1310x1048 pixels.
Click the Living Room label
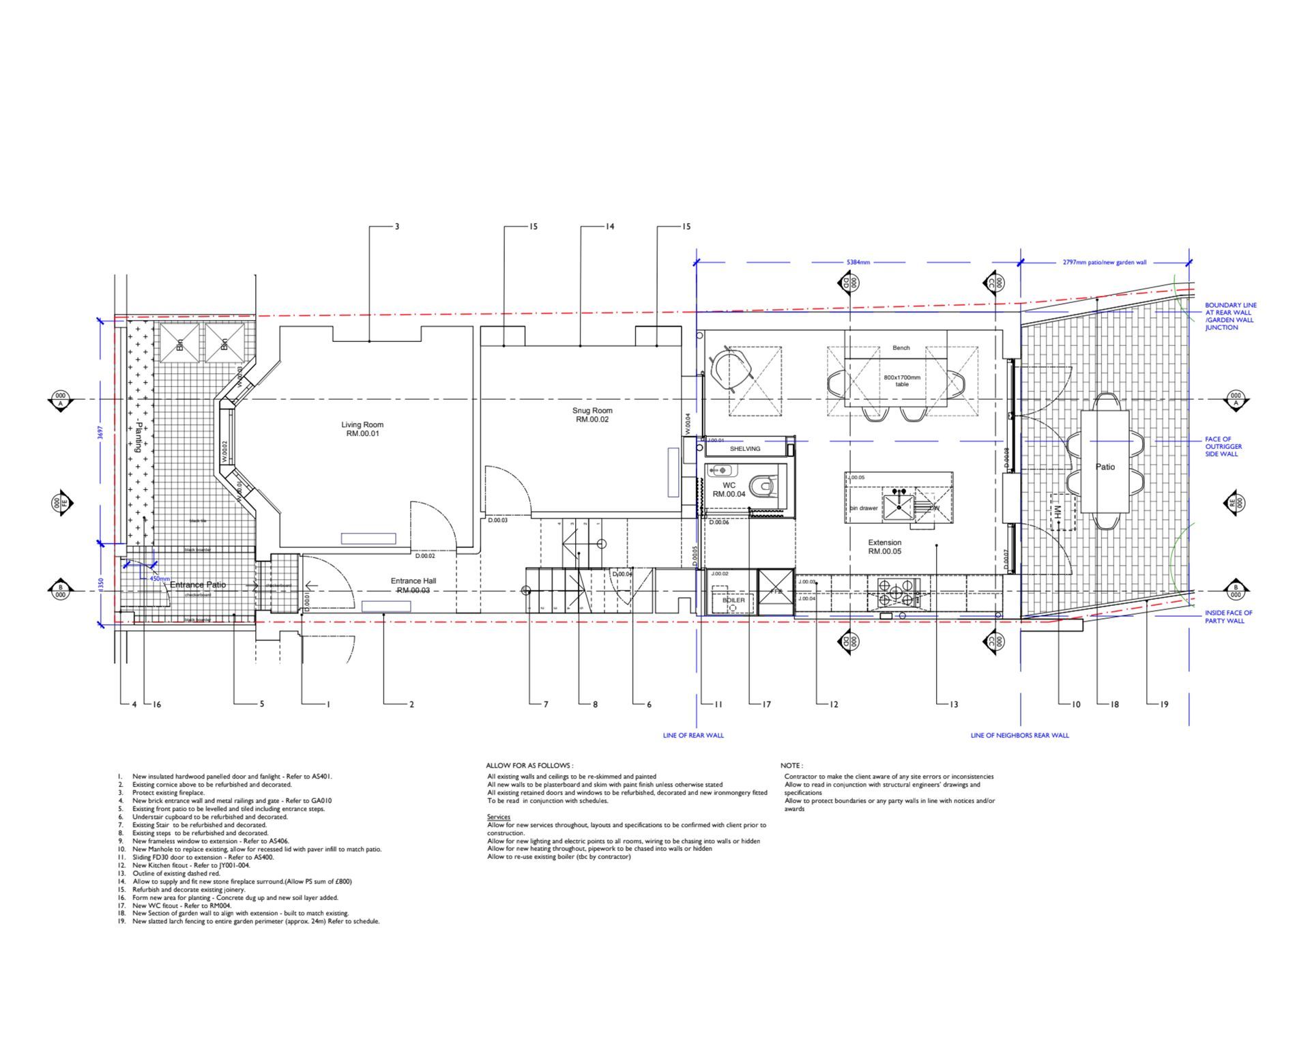pos(362,428)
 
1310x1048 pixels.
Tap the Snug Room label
pos(592,415)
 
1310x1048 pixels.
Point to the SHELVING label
pos(744,449)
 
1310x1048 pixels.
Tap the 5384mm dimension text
pos(858,262)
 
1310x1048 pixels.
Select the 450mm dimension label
pos(159,579)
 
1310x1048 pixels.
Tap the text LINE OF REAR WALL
pos(693,736)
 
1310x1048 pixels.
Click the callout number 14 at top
pos(609,227)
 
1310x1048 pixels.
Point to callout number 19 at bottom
pos(1163,704)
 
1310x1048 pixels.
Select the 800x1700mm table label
pos(902,380)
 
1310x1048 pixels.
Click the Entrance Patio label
pos(197,585)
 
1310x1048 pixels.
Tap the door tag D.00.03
pos(497,520)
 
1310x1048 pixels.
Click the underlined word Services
pos(498,817)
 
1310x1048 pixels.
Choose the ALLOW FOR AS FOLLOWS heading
pos(529,766)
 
